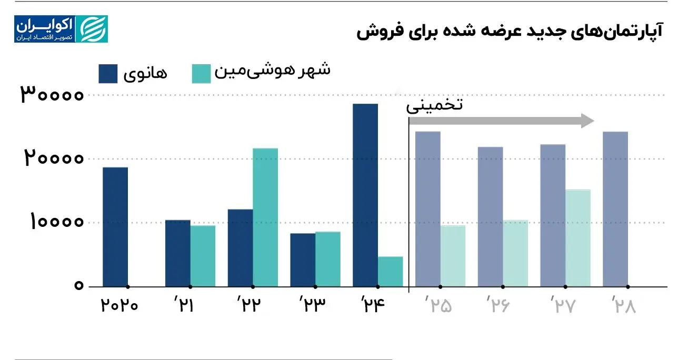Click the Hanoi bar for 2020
coord(115,227)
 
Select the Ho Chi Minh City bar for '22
coord(265,217)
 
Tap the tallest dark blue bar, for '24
coord(365,195)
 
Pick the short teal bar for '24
coord(390,272)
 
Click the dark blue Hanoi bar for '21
coord(178,253)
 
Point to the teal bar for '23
coord(327,259)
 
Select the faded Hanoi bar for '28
coord(615,209)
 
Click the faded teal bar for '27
coord(578,238)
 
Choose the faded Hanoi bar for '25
coord(428,209)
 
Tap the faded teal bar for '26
coord(515,253)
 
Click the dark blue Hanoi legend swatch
coord(108,74)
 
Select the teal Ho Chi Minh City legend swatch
coord(201,74)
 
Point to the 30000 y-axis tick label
coord(52,95)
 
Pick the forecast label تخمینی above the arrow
coord(434,105)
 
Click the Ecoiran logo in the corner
coord(61,29)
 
